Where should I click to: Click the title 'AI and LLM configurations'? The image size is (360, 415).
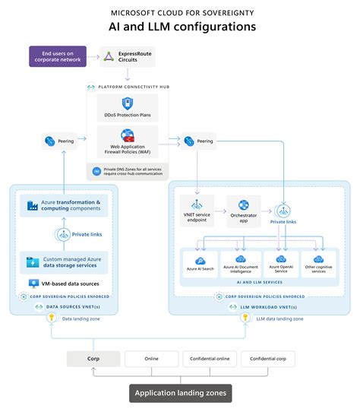[x=180, y=27]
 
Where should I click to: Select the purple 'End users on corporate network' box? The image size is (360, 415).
[x=60, y=56]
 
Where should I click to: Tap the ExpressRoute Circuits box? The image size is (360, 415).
[x=125, y=56]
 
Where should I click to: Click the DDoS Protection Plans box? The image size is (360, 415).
[x=128, y=107]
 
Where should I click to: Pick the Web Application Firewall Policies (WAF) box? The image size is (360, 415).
[x=128, y=140]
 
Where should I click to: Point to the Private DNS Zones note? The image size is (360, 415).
[x=128, y=171]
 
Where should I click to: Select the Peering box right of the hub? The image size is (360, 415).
[x=201, y=141]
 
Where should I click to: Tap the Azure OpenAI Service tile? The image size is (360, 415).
[x=281, y=264]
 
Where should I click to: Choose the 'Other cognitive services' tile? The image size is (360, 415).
[x=318, y=264]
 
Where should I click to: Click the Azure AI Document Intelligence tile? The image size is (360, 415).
[x=240, y=264]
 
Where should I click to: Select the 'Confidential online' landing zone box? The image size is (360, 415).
[x=210, y=359]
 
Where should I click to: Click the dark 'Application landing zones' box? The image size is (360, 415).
[x=180, y=393]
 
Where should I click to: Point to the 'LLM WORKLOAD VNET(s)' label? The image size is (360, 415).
[x=262, y=306]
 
